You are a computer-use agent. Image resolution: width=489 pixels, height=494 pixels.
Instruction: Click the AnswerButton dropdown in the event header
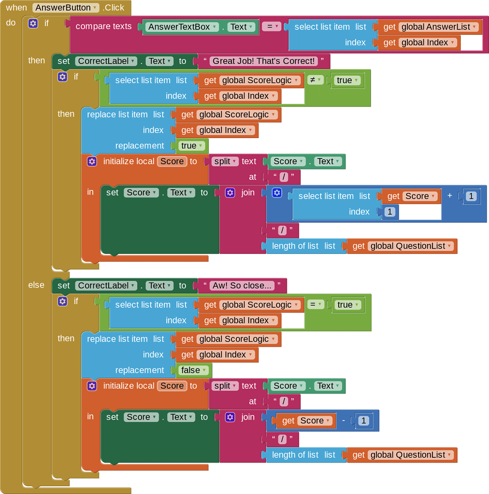click(x=66, y=8)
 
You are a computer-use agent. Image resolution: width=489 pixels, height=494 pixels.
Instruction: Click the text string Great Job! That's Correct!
click(x=264, y=61)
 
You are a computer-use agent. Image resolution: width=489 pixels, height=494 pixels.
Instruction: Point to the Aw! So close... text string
click(x=242, y=285)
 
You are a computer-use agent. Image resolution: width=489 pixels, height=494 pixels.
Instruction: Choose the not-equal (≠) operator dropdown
click(x=315, y=80)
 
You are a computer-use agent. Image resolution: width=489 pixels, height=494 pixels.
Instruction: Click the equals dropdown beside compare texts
click(x=271, y=27)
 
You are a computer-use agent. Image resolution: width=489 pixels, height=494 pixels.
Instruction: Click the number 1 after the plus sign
click(x=472, y=196)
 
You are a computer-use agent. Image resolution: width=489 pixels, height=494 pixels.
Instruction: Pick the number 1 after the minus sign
click(x=364, y=421)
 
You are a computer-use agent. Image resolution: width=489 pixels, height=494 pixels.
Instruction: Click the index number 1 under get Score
click(x=389, y=212)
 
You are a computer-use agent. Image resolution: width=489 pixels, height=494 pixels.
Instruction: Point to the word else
click(x=36, y=285)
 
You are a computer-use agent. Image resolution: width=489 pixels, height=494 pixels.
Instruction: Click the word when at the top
click(x=16, y=8)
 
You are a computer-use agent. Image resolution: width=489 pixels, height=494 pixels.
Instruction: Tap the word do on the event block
click(x=11, y=23)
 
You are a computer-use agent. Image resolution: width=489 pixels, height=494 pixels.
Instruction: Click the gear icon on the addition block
click(x=277, y=193)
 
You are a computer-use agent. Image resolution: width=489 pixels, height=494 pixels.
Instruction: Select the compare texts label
click(x=103, y=27)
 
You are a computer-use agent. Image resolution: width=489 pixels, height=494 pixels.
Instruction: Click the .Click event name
click(x=114, y=8)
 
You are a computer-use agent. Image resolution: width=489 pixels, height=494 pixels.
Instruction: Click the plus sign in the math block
click(x=450, y=196)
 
